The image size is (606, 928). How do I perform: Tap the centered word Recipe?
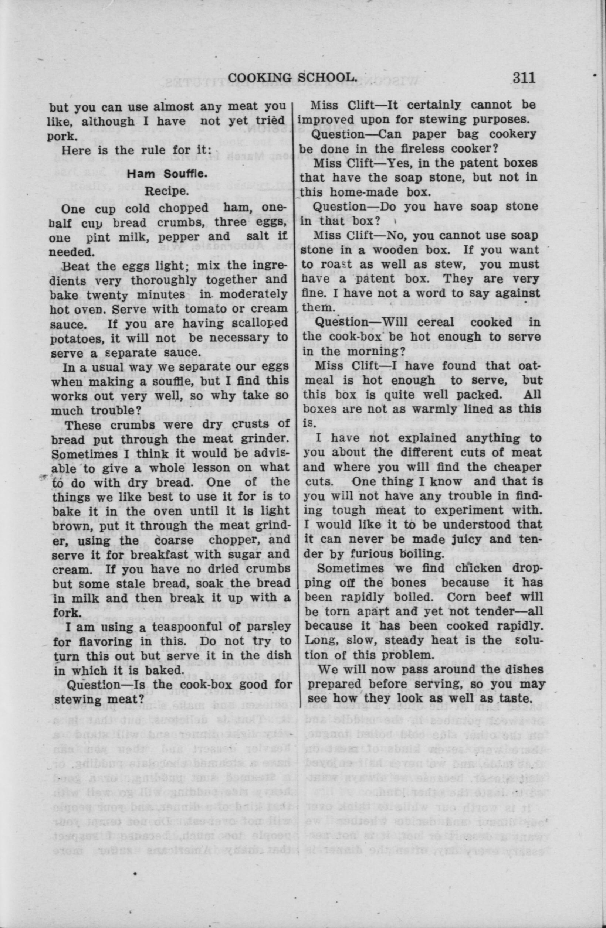pyautogui.click(x=165, y=191)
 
